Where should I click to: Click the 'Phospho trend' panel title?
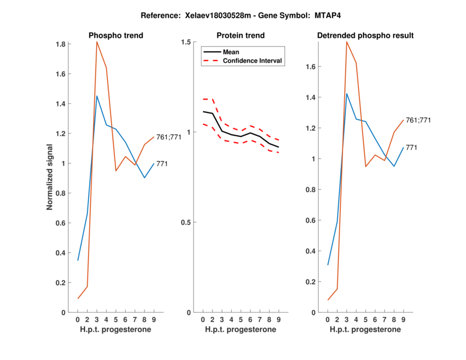[115, 36]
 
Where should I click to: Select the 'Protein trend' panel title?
[241, 36]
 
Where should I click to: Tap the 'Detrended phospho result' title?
[365, 36]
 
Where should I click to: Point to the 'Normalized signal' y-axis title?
[51, 178]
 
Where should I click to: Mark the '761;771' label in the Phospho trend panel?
[169, 137]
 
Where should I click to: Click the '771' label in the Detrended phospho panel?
[411, 147]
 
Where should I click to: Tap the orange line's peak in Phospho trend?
[97, 42]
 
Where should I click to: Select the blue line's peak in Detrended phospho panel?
[347, 93]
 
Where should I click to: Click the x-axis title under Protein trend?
[241, 329]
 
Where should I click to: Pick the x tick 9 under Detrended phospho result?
[403, 319]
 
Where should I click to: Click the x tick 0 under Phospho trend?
[78, 319]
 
